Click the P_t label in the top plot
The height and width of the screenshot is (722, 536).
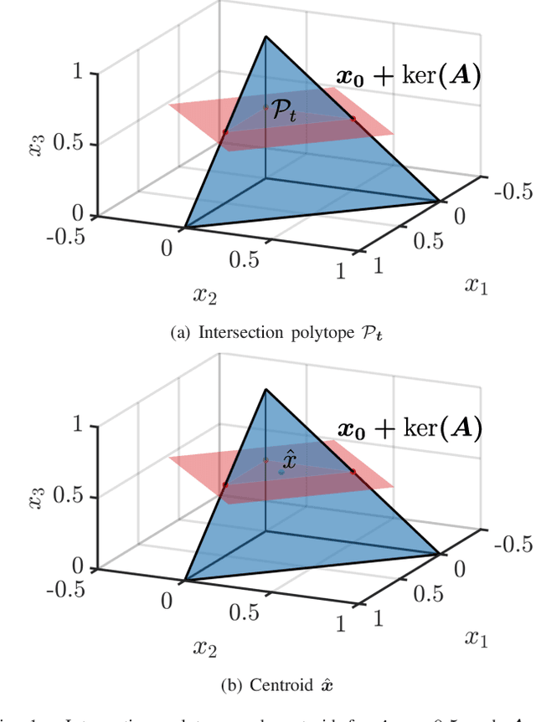(x=284, y=114)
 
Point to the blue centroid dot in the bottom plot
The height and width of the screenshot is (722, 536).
(x=281, y=472)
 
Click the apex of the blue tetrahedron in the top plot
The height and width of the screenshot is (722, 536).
(x=266, y=36)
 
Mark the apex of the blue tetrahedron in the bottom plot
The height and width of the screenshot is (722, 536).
(x=266, y=389)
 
